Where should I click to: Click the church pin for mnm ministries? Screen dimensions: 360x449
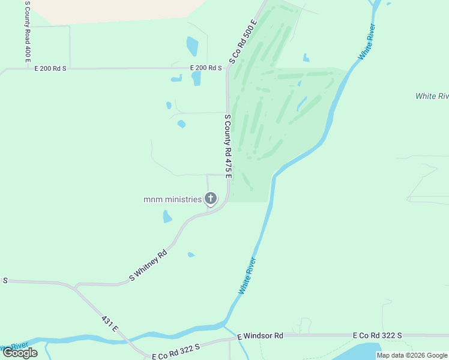[210, 199]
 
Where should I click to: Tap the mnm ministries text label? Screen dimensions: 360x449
[173, 199]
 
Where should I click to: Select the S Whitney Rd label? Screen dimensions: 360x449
[148, 265]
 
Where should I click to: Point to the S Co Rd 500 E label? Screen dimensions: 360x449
[244, 41]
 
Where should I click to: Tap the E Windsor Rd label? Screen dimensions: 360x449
[260, 336]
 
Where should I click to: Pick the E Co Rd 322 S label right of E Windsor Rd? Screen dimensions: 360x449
[377, 335]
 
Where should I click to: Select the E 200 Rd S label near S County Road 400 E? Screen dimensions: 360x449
[50, 68]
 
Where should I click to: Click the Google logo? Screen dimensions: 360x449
[20, 353]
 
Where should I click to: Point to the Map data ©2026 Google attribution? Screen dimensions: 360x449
[412, 355]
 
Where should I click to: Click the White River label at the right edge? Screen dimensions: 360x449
[433, 96]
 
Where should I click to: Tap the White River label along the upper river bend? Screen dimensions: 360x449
[367, 41]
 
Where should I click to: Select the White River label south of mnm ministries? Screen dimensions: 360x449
[247, 275]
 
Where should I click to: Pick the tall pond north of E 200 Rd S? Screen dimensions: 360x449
[192, 46]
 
